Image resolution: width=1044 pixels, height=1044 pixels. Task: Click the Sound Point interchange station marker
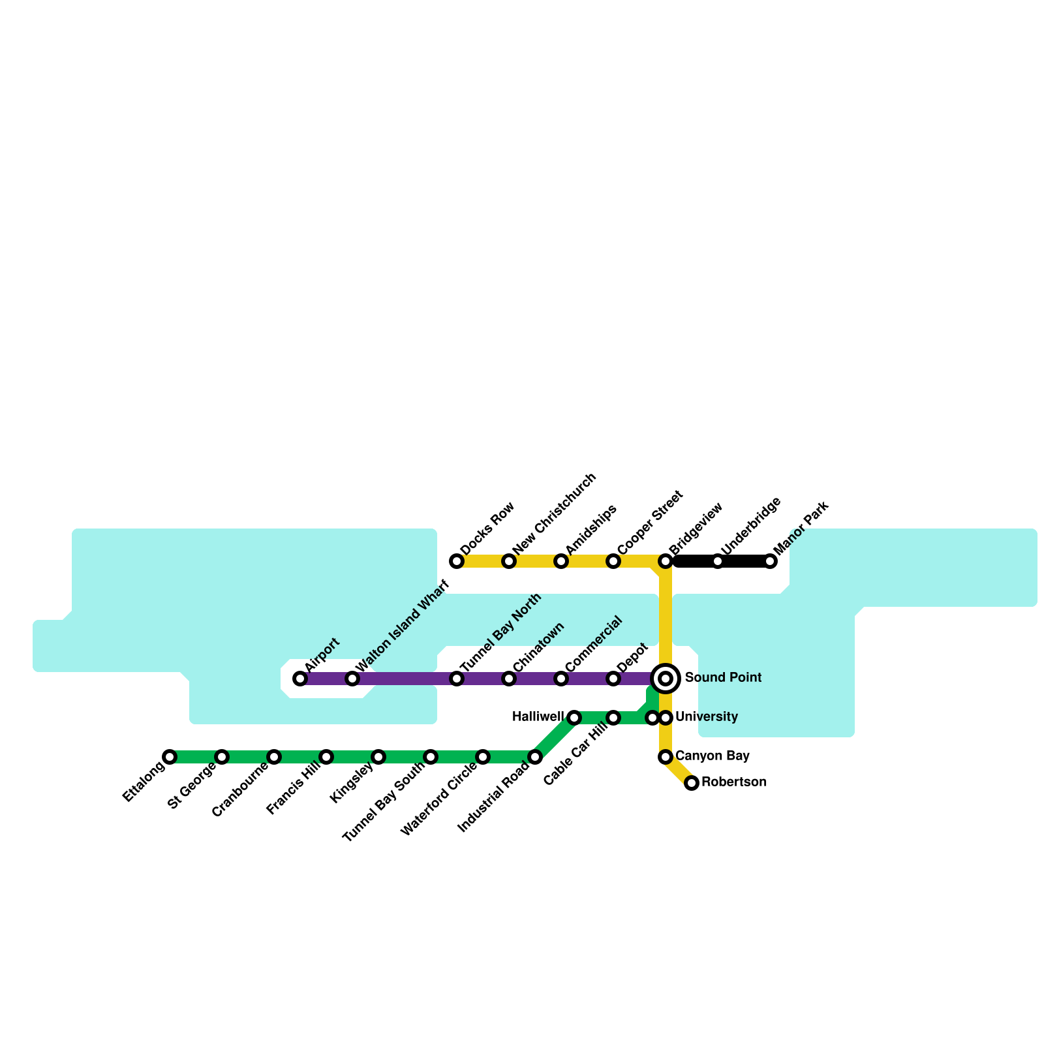coord(666,679)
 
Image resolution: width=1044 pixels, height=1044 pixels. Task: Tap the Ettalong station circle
coord(170,757)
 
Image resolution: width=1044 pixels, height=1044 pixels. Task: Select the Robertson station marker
coord(692,783)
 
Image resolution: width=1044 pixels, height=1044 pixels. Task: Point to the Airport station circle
coord(300,679)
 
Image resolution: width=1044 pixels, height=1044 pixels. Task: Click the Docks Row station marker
coord(457,561)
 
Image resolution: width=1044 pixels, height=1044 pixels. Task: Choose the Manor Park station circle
coord(770,561)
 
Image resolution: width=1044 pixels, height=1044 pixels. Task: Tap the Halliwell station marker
coord(574,718)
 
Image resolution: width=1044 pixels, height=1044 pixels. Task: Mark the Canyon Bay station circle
coord(666,757)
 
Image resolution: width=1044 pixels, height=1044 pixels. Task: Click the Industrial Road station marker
coord(535,757)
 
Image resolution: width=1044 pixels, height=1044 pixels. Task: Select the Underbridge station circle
coord(718,561)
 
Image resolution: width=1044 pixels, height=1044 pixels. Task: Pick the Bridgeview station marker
coord(666,561)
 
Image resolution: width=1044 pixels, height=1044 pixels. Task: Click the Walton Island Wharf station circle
coord(352,679)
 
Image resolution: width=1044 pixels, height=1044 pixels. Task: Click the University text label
coord(707,717)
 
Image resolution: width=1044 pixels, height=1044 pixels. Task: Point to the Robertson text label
coord(734,782)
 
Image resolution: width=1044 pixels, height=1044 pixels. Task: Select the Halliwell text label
coord(538,717)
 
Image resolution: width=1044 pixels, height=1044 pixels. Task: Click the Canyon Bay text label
coord(712,756)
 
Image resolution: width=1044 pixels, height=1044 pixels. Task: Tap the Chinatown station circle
coord(509,679)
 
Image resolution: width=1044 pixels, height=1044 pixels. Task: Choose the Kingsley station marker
coord(378,757)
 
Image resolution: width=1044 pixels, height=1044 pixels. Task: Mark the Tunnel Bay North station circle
coord(457,679)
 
